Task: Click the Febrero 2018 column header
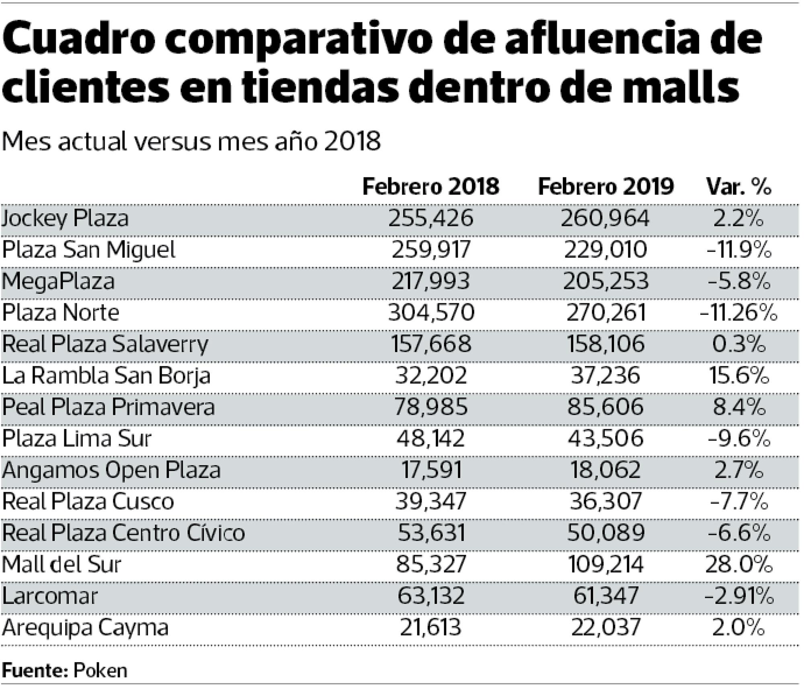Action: [430, 187]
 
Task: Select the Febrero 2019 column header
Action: [605, 187]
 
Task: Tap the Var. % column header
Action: [739, 187]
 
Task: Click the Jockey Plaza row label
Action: [65, 219]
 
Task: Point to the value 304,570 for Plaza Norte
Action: [431, 313]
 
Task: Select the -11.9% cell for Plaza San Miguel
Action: [739, 250]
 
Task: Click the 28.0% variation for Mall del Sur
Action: [739, 564]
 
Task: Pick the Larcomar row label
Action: [50, 596]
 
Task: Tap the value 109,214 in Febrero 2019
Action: [605, 564]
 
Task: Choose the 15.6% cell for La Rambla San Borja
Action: [739, 376]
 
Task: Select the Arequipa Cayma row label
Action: [85, 627]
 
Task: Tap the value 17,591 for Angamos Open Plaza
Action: [431, 470]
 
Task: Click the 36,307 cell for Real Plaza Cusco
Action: [605, 501]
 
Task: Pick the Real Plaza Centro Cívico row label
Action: [123, 533]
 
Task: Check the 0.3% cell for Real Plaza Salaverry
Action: [739, 344]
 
